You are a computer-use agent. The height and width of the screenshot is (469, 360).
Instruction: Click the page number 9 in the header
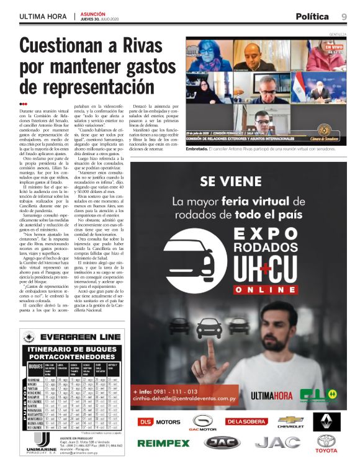pyautogui.click(x=343, y=16)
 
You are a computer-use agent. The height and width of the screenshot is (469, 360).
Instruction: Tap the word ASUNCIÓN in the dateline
pyautogui.click(x=92, y=13)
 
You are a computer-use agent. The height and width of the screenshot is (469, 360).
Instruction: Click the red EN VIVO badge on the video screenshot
pyautogui.click(x=334, y=47)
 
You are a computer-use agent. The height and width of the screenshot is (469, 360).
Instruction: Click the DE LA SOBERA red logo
pyautogui.click(x=246, y=422)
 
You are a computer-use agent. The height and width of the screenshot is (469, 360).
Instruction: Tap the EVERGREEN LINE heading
pyautogui.click(x=79, y=337)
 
